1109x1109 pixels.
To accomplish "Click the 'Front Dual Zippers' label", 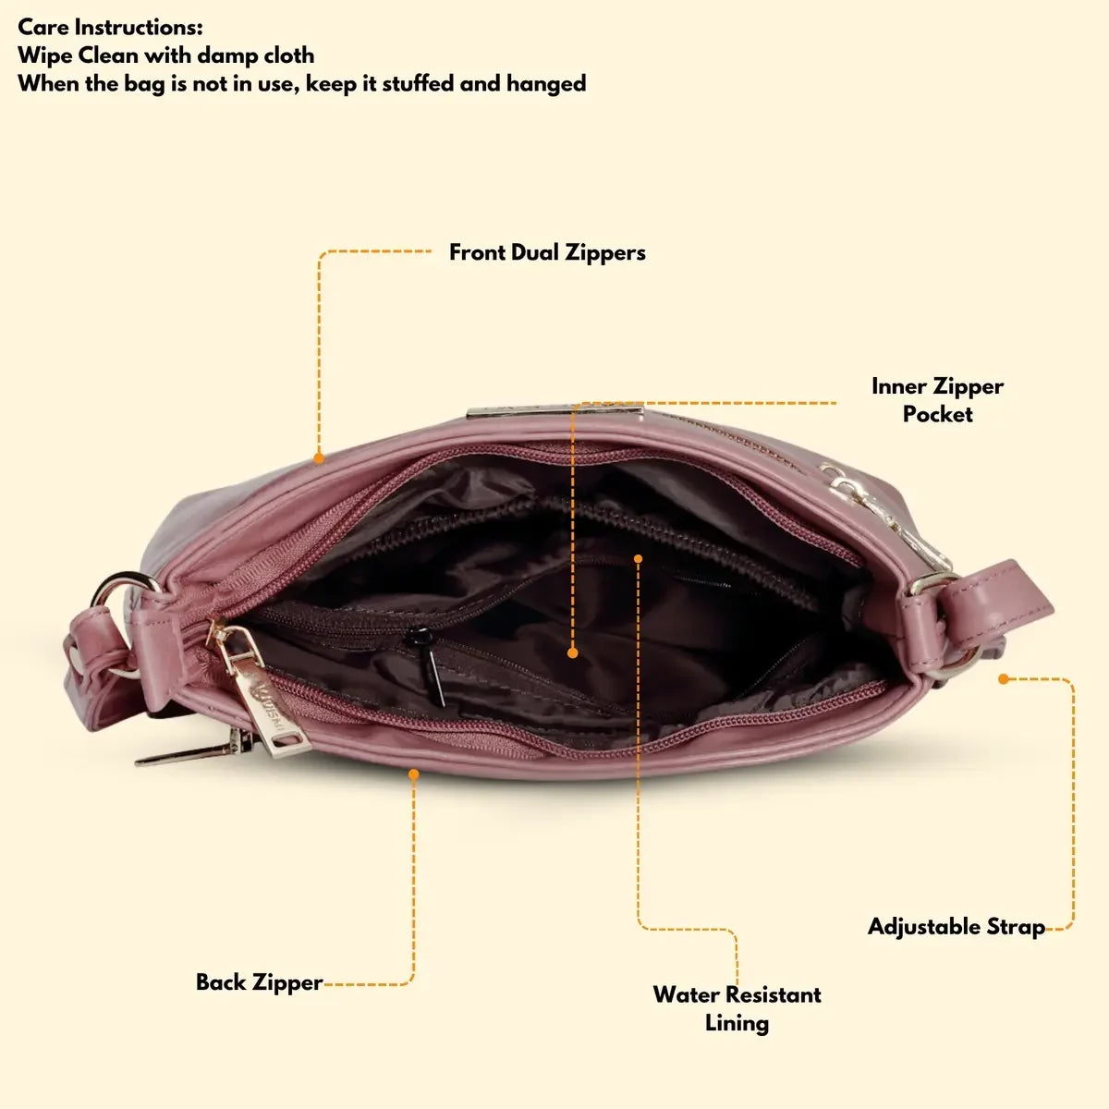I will point(547,252).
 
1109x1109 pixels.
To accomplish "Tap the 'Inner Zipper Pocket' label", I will point(937,400).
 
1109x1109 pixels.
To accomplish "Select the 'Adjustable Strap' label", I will point(956,926).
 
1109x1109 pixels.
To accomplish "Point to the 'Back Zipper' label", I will point(259,981).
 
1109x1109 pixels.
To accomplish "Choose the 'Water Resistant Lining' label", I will point(737,1008).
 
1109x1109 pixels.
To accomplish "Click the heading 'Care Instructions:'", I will point(110,27).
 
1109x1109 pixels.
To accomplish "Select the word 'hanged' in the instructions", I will point(545,83).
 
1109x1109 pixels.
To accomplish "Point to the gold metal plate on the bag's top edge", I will point(554,412).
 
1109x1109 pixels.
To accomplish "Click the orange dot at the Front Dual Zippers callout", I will point(319,457).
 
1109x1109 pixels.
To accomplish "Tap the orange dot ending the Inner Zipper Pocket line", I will point(573,652).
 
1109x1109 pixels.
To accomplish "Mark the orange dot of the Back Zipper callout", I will point(414,774).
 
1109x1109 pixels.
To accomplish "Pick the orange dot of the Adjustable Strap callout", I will point(1003,679).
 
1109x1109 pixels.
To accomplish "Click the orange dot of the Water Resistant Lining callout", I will point(638,557).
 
